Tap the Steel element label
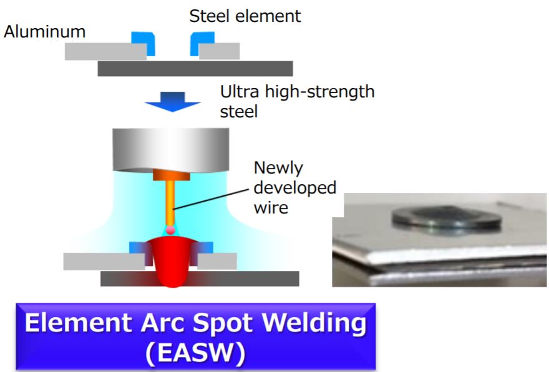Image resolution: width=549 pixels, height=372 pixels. [245, 16]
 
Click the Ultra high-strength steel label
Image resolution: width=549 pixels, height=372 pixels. [297, 102]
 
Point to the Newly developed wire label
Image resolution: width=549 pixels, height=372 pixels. [294, 187]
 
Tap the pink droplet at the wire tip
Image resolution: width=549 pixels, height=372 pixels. [170, 231]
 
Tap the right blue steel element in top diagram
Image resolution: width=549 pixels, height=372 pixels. [201, 42]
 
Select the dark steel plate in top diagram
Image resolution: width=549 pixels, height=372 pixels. [195, 69]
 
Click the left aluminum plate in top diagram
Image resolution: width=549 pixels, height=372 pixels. [105, 51]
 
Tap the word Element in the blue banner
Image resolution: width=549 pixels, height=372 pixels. [75, 323]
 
